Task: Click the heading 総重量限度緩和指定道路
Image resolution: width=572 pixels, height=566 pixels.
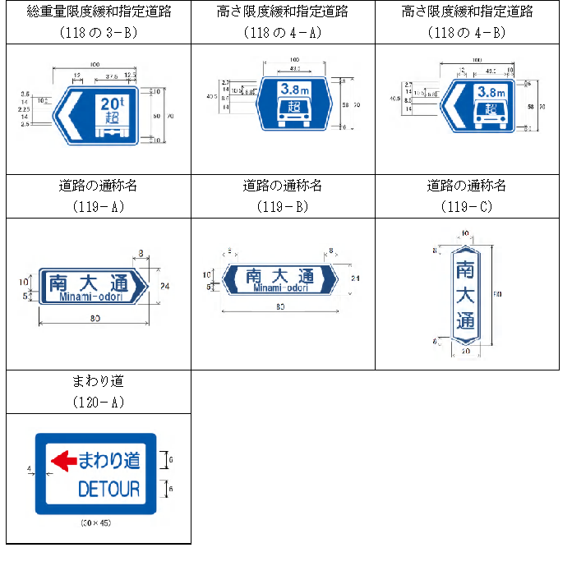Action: [x=99, y=12]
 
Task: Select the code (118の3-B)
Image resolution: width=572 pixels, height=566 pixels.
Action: [x=99, y=32]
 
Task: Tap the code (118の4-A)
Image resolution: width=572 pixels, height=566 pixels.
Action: [x=283, y=32]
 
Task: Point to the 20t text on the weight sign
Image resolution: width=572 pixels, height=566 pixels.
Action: [x=110, y=104]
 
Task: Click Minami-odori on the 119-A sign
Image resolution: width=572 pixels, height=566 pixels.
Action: [x=91, y=297]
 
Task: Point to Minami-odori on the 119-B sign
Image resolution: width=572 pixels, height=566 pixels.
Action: [x=280, y=288]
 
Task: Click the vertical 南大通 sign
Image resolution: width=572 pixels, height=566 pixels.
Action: [x=465, y=293]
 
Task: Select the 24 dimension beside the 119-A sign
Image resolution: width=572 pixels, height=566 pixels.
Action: [x=164, y=286]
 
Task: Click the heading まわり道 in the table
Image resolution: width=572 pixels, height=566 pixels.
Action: [x=99, y=382]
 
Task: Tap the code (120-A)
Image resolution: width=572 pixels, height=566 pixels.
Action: [x=99, y=403]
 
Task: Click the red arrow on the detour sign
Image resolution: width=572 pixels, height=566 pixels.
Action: [x=63, y=462]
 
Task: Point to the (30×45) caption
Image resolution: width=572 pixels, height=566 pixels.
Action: [x=98, y=522]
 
